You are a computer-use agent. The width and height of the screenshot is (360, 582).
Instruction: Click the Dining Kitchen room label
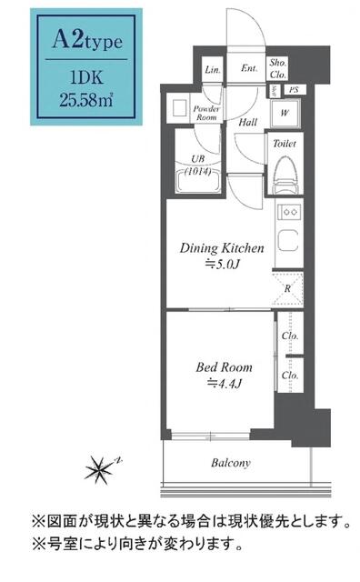click(221, 247)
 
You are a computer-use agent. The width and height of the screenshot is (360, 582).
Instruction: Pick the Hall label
click(246, 121)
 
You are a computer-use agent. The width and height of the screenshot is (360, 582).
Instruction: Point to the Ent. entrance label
click(248, 68)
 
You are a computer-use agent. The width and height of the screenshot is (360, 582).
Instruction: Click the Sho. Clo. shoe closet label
click(277, 68)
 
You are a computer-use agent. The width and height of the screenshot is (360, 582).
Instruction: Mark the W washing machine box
click(285, 113)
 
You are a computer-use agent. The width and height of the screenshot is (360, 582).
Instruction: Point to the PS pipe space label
click(293, 90)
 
